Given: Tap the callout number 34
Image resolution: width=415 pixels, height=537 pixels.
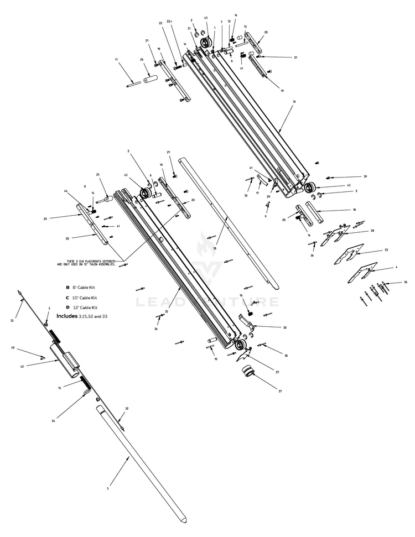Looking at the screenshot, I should pos(294,102).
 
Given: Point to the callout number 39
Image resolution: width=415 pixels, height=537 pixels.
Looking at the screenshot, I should pos(365,177).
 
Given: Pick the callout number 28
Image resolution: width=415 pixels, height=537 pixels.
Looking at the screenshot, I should pos(372,231).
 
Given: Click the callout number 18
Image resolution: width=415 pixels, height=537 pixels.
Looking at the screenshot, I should pos(354,210).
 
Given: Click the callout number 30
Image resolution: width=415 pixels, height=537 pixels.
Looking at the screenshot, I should pos(284,328).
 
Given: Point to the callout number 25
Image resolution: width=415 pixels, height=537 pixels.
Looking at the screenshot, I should pos(97,174).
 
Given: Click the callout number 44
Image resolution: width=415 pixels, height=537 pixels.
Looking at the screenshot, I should pos(66,191).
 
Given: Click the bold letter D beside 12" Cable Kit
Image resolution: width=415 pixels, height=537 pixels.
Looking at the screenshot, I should pos(68,307).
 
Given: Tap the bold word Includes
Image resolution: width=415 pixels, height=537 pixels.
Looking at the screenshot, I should pos(67,316).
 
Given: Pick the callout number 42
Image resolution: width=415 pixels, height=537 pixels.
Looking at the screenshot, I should pos(23,366).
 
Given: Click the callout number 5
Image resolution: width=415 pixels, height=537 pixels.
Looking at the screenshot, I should pos(108,488).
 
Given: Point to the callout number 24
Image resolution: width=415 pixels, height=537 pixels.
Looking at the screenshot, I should pos(53,421).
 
